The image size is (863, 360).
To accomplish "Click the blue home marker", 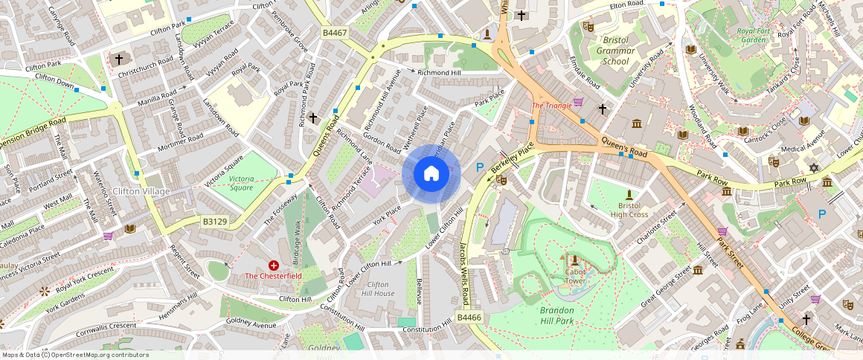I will click(431, 174).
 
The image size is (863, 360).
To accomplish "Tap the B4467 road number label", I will click(335, 33).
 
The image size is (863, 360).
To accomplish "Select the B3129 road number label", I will click(215, 221).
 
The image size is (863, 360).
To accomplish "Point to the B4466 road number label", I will click(469, 318).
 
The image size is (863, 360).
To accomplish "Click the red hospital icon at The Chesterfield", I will click(274, 265).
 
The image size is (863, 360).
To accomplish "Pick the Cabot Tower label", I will click(574, 276).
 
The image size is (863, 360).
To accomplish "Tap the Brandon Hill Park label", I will click(567, 315).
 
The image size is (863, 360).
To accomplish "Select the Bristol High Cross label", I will click(629, 209).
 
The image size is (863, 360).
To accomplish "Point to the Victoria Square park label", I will click(241, 183).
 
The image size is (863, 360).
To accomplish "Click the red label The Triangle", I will click(551, 106).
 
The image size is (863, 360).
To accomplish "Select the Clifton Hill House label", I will click(380, 289).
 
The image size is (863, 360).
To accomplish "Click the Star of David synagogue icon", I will click(813, 168).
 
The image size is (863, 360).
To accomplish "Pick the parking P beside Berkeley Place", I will click(480, 168).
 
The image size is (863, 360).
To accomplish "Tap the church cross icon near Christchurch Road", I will click(118, 58).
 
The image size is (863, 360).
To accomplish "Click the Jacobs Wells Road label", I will click(463, 274).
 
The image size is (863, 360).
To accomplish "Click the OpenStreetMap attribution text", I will click(74, 355).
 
